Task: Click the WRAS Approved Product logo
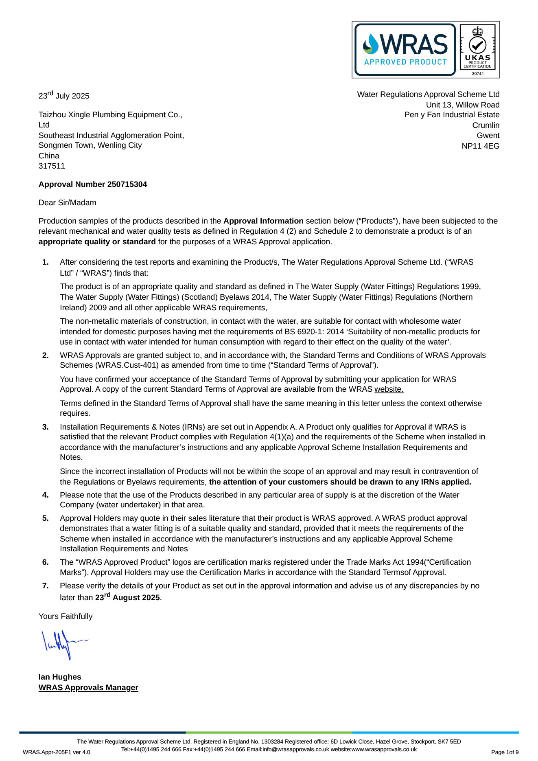(x=405, y=50)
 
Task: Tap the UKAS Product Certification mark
(x=477, y=50)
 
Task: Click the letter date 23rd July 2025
(x=64, y=96)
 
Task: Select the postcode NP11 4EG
(x=480, y=146)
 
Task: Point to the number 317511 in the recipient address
(x=52, y=166)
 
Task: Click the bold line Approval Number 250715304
(x=93, y=184)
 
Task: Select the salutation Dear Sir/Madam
(x=68, y=203)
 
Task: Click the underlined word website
(x=389, y=389)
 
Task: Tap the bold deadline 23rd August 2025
(x=128, y=597)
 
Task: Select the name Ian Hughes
(x=60, y=677)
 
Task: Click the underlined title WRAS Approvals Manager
(x=88, y=688)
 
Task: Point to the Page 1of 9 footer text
(x=505, y=752)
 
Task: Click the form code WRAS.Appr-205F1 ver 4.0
(x=57, y=752)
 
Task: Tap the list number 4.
(x=46, y=495)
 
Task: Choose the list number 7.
(x=46, y=586)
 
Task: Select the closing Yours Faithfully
(x=66, y=616)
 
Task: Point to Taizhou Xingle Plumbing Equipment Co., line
(x=110, y=115)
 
